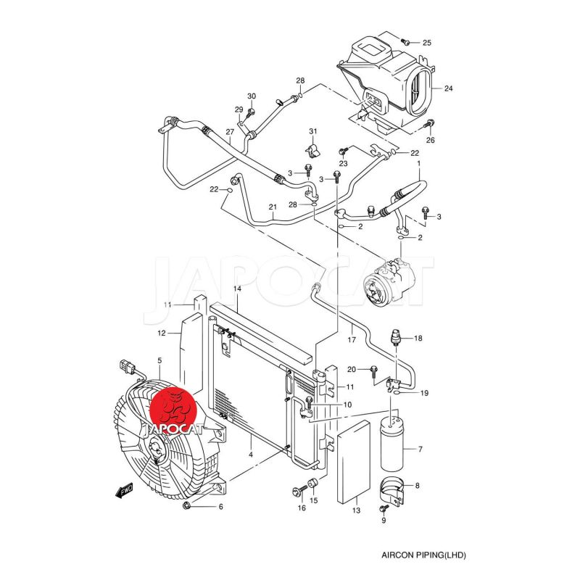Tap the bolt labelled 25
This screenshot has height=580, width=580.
405,41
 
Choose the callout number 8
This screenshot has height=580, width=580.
417,485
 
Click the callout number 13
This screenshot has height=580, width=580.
356,511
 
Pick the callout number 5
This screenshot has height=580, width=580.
159,360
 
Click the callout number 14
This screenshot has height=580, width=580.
236,289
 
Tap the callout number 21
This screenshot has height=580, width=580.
273,207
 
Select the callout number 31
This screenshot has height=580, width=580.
313,130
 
